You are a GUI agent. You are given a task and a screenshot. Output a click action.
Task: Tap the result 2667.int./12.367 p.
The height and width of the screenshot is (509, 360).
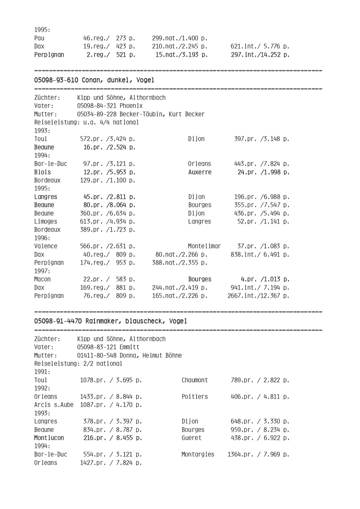pos(258,309)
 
